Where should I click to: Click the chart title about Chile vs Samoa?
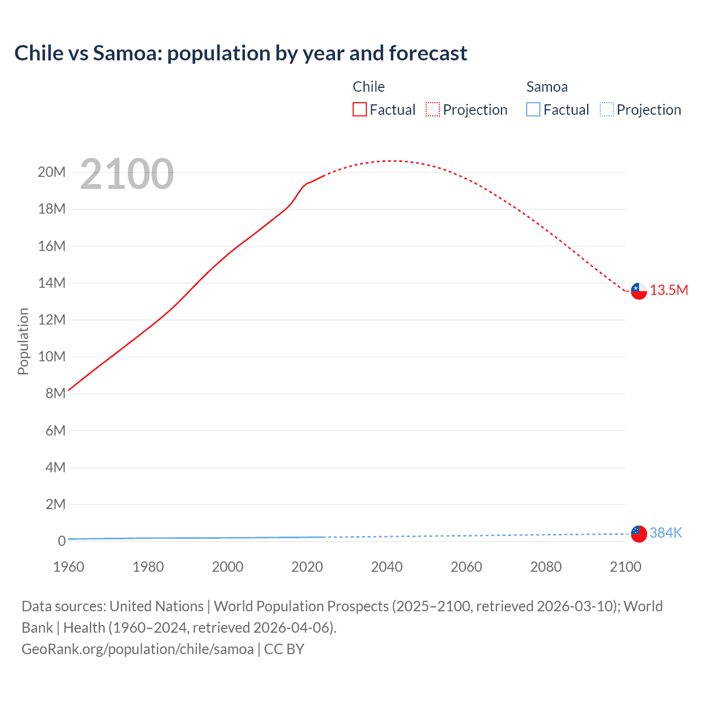coord(241,53)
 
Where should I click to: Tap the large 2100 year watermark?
coord(127,174)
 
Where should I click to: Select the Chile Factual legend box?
coord(360,110)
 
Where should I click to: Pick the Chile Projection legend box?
coord(433,110)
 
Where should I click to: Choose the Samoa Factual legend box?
coord(533,110)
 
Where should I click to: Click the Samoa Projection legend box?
coord(606,110)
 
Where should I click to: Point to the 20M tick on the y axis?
coord(52,172)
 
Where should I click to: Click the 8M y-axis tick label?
coord(55,393)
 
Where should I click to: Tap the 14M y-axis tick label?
coord(52,283)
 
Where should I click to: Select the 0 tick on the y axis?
coord(62,541)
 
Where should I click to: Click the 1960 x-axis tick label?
coord(69,567)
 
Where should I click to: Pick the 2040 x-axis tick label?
coord(387,567)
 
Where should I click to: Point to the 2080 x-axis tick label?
coord(546,567)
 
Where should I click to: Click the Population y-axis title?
coord(23,341)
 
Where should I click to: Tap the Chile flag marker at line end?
coord(639,291)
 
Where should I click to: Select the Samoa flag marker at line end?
coord(639,533)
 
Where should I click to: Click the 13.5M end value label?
coord(669,291)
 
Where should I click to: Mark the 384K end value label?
coord(666,533)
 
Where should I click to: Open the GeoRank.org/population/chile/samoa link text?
coord(137,649)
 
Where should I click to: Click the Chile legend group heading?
coord(369,87)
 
